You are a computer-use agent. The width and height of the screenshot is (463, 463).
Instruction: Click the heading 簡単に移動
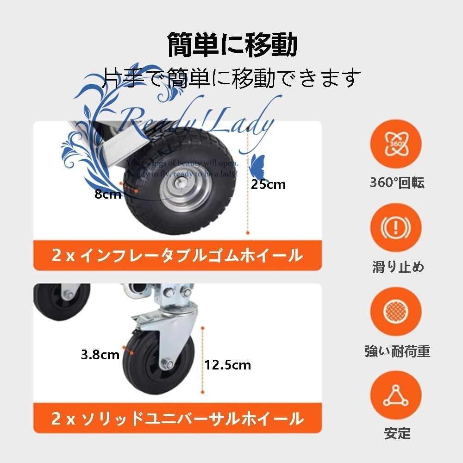click(231, 45)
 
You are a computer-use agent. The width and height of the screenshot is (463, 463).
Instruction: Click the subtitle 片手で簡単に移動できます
click(231, 77)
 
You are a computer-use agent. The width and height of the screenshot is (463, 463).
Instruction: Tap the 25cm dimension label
click(269, 184)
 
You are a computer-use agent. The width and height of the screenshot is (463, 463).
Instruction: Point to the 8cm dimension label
click(107, 194)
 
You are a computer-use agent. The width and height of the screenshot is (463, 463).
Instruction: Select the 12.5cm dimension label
click(228, 365)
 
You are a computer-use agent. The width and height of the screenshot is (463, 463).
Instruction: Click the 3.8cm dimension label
click(100, 355)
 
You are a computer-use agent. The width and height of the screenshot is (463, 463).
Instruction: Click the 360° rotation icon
click(397, 143)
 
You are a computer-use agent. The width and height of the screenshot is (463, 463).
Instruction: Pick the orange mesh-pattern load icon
click(397, 312)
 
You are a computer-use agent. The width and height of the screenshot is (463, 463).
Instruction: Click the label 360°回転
click(397, 183)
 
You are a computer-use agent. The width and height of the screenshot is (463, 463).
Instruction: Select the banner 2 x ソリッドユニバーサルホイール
click(178, 419)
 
